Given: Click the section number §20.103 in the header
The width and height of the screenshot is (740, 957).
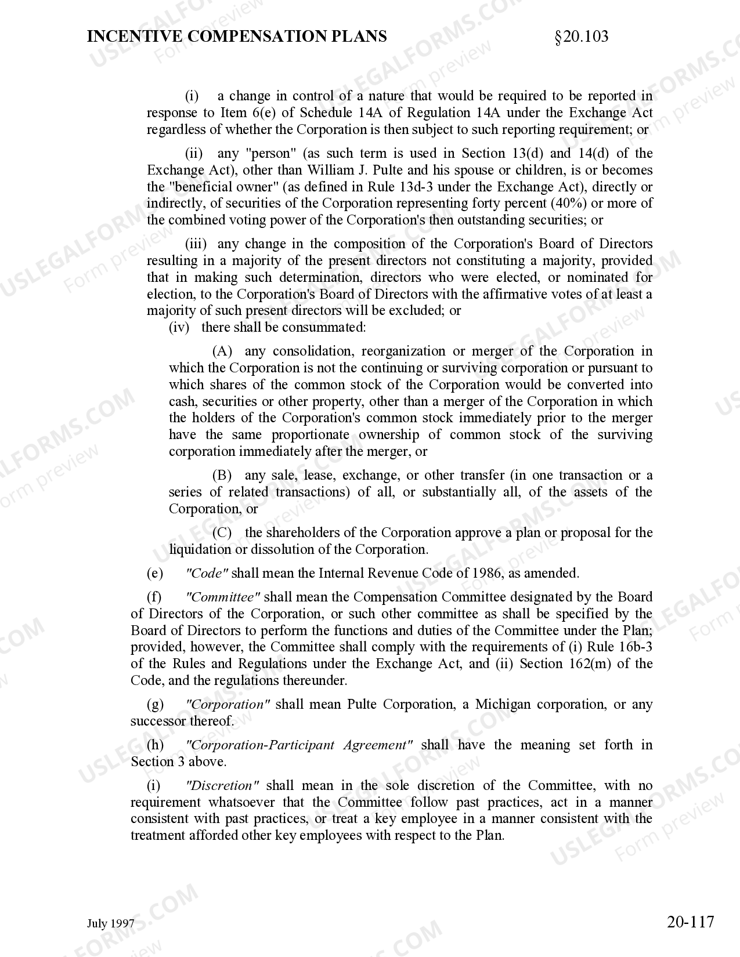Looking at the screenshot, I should pyautogui.click(x=582, y=37).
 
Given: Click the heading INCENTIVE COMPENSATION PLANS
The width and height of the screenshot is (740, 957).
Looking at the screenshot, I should pyautogui.click(x=237, y=37).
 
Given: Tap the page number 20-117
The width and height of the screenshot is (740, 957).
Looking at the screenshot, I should pyautogui.click(x=690, y=922).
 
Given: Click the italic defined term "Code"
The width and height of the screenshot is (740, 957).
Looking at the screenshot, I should pyautogui.click(x=207, y=574).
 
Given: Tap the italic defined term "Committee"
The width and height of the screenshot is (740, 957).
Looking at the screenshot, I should pyautogui.click(x=222, y=597).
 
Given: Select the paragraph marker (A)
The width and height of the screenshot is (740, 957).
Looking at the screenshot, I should pyautogui.click(x=222, y=351).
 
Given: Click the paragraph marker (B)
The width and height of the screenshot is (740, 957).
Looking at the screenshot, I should pyautogui.click(x=222, y=476).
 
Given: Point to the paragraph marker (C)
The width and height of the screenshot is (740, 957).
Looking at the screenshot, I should pyautogui.click(x=222, y=533).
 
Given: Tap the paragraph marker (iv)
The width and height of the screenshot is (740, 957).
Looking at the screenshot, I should pyautogui.click(x=179, y=328).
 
